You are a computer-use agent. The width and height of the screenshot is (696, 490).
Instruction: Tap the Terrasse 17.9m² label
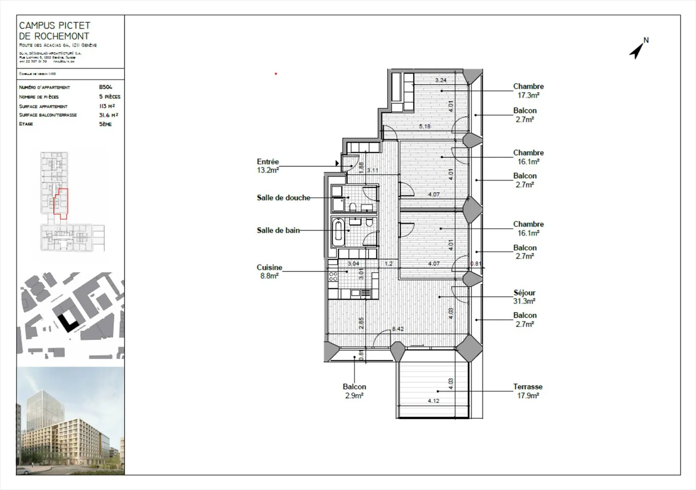coord(528,391)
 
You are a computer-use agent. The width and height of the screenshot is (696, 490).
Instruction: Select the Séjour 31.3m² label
coord(524,297)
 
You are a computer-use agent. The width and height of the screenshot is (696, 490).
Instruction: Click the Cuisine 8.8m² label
coord(269,271)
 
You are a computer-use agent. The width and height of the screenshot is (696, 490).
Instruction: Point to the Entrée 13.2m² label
coord(268,166)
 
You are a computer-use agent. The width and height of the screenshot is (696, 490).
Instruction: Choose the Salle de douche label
coord(283,197)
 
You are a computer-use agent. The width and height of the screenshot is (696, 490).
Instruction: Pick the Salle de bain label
coord(278,230)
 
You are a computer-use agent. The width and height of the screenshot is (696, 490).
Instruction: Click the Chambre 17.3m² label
coord(528,90)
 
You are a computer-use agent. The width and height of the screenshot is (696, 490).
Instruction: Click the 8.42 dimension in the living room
coord(397,329)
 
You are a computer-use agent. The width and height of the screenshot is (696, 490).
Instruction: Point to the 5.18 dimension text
coord(424,126)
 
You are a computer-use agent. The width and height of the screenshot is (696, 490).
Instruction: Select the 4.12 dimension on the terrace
coord(433,401)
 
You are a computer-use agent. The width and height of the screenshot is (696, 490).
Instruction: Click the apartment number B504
coord(105,87)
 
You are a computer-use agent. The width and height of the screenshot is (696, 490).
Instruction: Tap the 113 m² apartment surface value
coord(107,106)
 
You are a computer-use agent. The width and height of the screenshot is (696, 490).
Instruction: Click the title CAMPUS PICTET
coord(55,25)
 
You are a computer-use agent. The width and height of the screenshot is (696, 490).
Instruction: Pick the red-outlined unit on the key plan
coord(60,203)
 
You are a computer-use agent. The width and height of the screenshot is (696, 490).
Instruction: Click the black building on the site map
coord(68,320)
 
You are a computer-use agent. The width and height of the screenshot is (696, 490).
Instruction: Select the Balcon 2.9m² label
coord(354,391)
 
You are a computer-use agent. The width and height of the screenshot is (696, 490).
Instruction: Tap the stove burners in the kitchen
coord(333,277)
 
